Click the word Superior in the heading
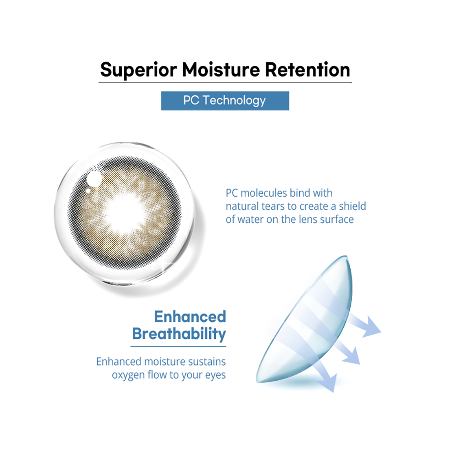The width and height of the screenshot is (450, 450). (138, 70)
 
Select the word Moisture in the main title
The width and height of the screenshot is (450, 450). (221, 70)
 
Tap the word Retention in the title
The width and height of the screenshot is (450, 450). (307, 70)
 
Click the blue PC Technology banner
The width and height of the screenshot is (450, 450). (225, 101)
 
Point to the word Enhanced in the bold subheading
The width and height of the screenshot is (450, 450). (190, 316)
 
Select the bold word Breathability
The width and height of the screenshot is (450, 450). (179, 334)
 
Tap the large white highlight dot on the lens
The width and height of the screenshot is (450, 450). (94, 178)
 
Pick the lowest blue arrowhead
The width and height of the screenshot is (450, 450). (329, 382)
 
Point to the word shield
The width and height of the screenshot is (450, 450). (352, 206)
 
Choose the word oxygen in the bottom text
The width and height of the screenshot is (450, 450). (128, 375)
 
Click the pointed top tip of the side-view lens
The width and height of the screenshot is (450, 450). (346, 256)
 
